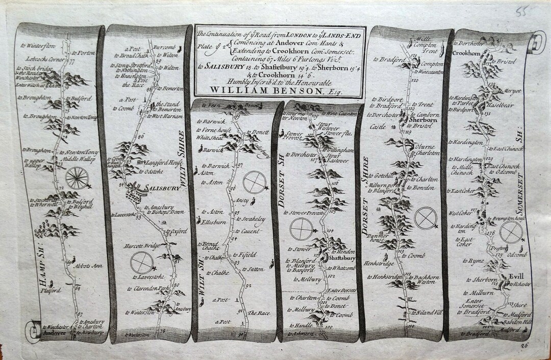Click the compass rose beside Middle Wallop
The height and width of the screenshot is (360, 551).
[78, 179]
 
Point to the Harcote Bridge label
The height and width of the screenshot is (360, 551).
[136, 247]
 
